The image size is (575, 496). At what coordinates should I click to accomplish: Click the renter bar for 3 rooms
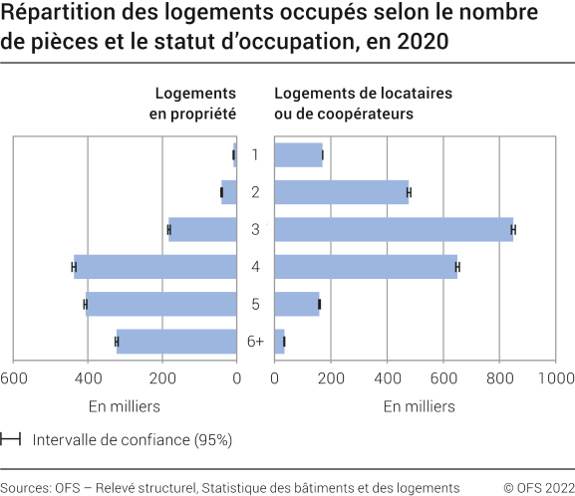click(394, 229)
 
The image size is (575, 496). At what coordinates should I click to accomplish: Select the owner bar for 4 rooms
click(155, 267)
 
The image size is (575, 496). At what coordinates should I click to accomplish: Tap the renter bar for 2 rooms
click(341, 191)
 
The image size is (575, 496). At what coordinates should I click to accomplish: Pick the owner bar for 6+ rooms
click(177, 342)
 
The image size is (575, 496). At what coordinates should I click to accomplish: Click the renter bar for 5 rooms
click(296, 304)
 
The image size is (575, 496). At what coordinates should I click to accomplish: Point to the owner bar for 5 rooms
click(161, 304)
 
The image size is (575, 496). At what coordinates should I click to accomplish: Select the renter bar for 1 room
click(298, 154)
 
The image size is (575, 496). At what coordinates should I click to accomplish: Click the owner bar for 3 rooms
click(203, 229)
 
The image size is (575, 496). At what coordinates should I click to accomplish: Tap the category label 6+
click(255, 342)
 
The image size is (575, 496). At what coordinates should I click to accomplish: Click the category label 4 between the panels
click(255, 267)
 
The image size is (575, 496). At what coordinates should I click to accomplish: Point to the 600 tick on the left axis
click(13, 377)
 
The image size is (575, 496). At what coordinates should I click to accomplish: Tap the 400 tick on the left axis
click(88, 377)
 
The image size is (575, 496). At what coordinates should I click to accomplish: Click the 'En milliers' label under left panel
click(124, 406)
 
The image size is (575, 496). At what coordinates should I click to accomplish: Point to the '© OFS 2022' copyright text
click(539, 487)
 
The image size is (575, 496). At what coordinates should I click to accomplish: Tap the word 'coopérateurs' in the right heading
click(371, 114)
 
